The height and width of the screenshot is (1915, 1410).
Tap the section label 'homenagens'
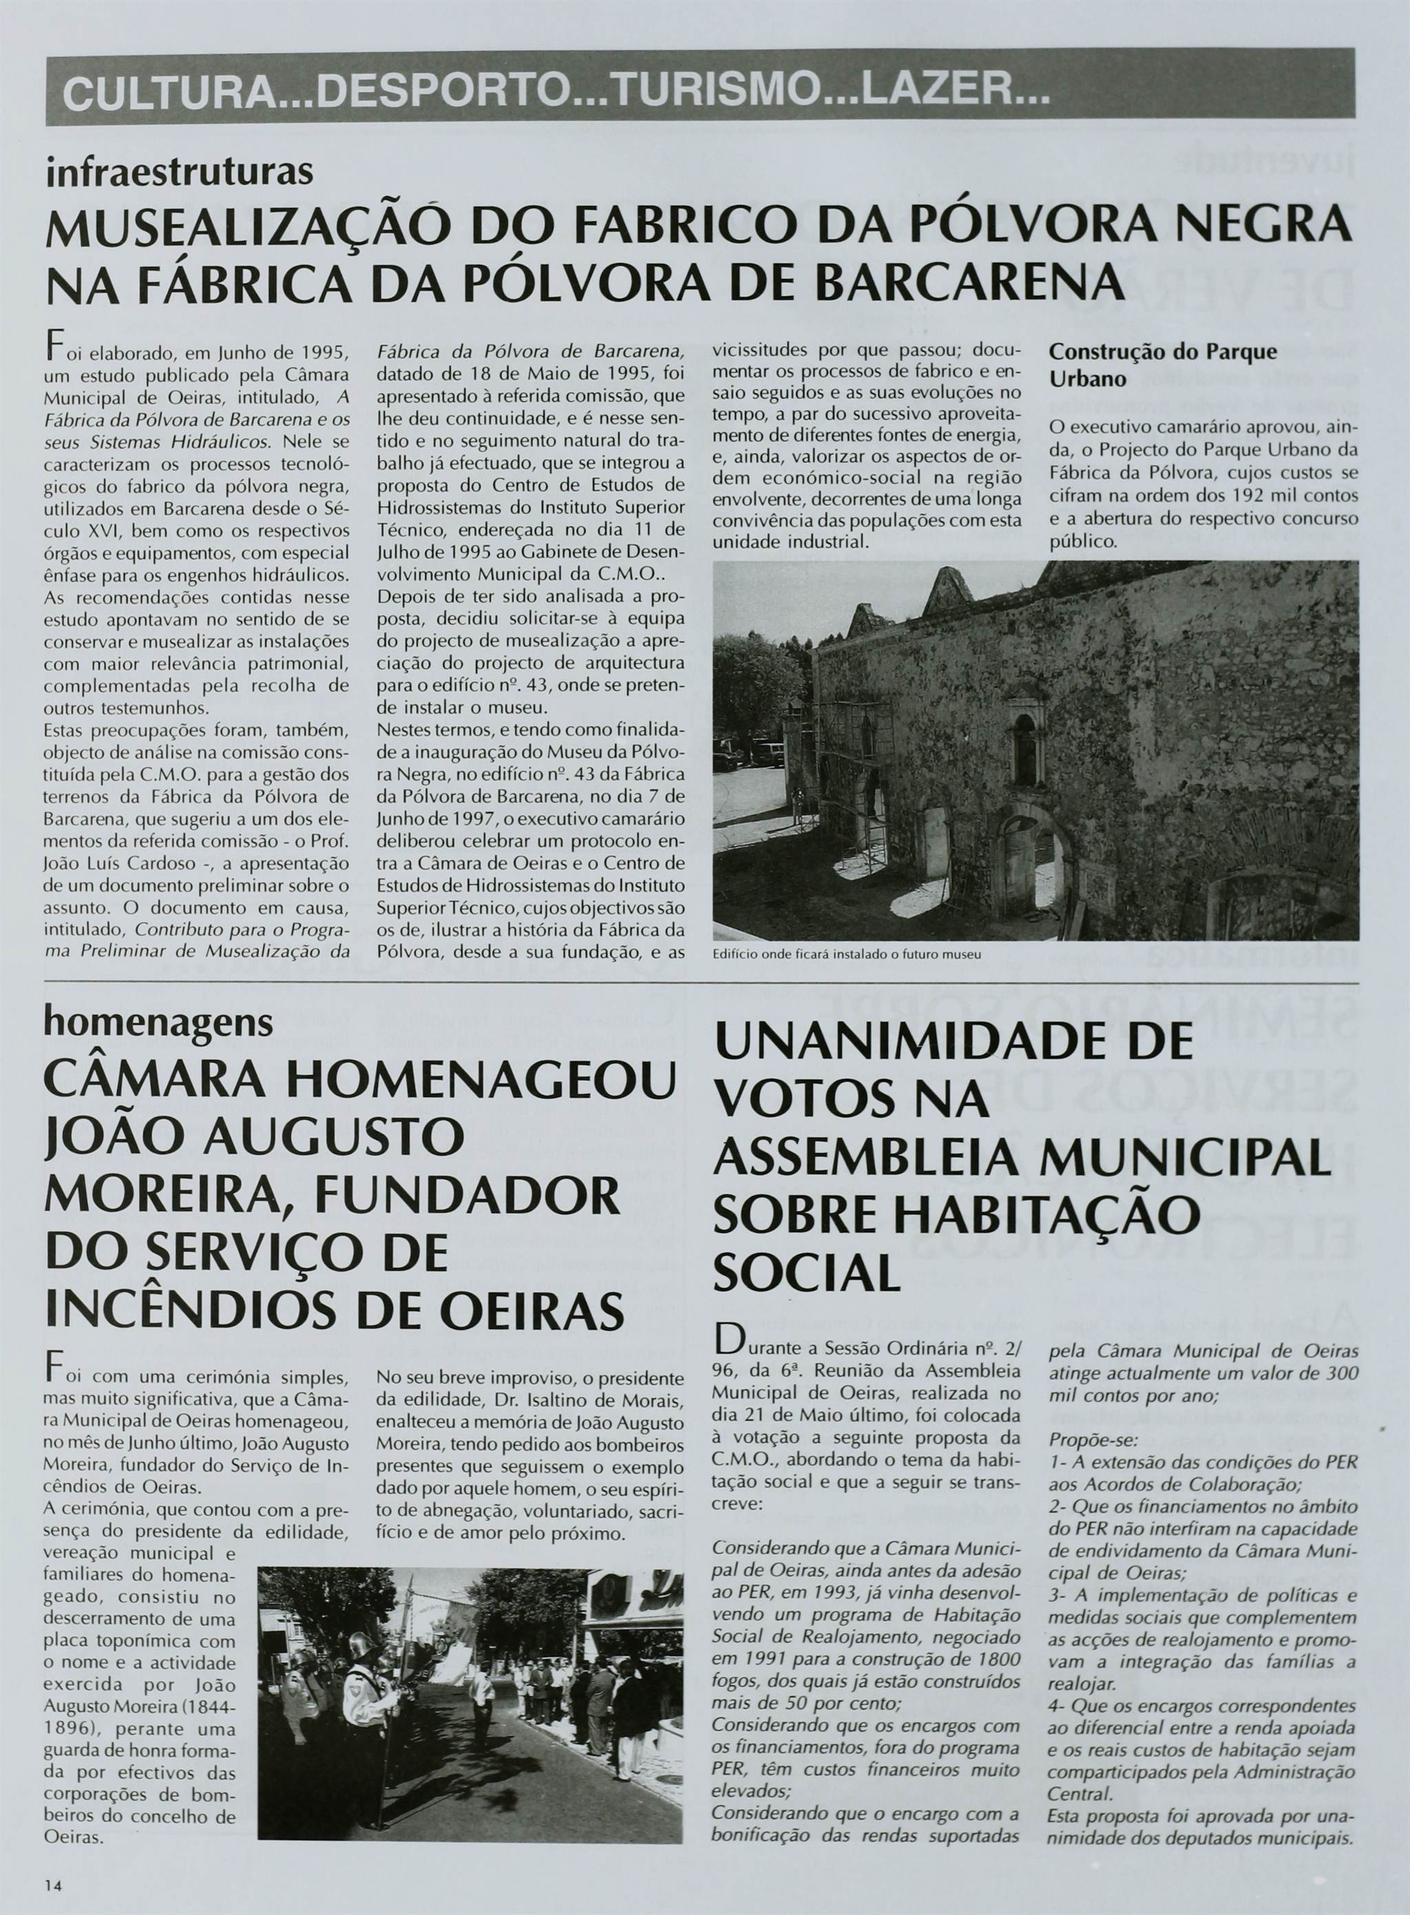point(159,1021)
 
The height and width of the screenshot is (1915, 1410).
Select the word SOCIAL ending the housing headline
point(808,1273)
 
